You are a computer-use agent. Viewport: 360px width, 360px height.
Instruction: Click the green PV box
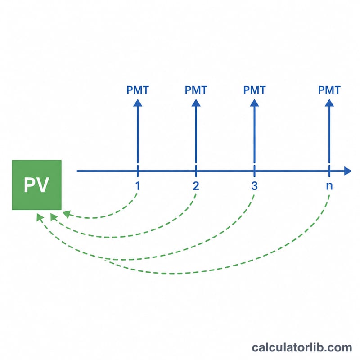pyautogui.click(x=37, y=185)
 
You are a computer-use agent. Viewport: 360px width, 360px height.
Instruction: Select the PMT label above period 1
pyautogui.click(x=138, y=90)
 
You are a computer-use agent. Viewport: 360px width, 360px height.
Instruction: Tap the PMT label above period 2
pyautogui.click(x=196, y=90)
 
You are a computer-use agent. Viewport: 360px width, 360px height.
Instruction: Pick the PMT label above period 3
pyautogui.click(x=254, y=90)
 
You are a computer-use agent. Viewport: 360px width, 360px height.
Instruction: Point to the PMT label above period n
pyautogui.click(x=329, y=90)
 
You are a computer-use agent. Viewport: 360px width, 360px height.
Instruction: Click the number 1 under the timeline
pyautogui.click(x=138, y=186)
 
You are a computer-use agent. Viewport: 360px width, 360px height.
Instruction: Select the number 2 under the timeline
pyautogui.click(x=196, y=186)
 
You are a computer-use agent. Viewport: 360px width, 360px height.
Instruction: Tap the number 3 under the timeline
pyautogui.click(x=254, y=186)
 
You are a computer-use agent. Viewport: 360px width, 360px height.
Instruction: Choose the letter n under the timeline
pyautogui.click(x=329, y=186)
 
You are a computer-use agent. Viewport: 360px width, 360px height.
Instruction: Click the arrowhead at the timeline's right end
pyautogui.click(x=348, y=171)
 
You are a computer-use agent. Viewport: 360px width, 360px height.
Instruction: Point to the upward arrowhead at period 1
pyautogui.click(x=138, y=103)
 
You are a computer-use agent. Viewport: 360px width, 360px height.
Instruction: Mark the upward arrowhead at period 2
pyautogui.click(x=196, y=103)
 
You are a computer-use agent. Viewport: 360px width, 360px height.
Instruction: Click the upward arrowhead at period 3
pyautogui.click(x=254, y=103)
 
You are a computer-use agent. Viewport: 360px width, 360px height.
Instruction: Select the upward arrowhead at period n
pyautogui.click(x=329, y=103)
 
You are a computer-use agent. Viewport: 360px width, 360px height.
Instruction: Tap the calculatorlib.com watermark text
pyautogui.click(x=302, y=347)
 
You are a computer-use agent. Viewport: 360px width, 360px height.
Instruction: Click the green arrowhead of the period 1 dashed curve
pyautogui.click(x=66, y=214)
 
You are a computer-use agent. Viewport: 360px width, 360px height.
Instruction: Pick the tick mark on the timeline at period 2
pyautogui.click(x=196, y=171)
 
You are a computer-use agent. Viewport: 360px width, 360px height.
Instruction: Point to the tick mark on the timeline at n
pyautogui.click(x=329, y=171)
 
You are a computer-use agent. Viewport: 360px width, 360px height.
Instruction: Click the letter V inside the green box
pyautogui.click(x=43, y=185)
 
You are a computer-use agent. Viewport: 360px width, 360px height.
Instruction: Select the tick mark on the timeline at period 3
pyautogui.click(x=254, y=171)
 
